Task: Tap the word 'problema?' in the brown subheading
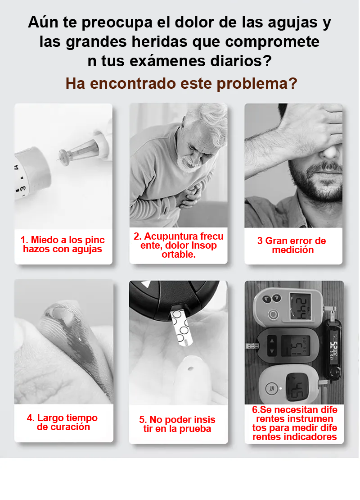[257, 84]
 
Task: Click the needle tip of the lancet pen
[58, 159]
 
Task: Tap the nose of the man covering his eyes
[330, 150]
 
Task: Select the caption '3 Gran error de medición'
[292, 245]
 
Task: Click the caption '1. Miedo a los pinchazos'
[63, 244]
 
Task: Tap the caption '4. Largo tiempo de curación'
[63, 422]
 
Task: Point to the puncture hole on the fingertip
[190, 368]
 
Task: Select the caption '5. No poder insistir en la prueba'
[177, 424]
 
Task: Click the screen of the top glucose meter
[300, 306]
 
